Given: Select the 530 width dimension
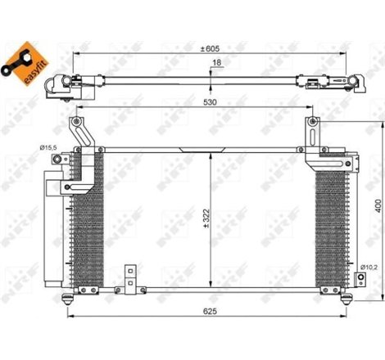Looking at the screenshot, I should tap(211, 104).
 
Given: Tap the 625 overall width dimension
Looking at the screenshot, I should tap(211, 313).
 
